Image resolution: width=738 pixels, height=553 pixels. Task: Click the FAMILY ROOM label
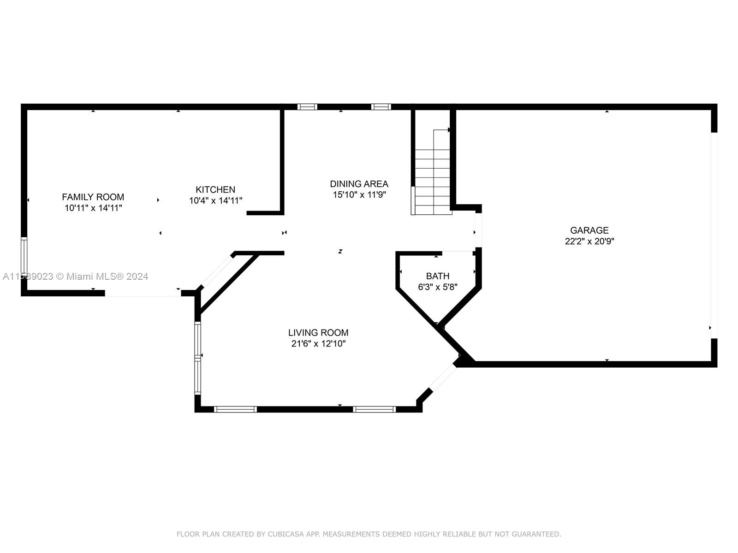[x=93, y=197]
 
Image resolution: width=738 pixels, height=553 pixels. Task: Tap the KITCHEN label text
[x=215, y=189]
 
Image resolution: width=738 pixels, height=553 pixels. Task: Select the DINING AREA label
[x=359, y=184]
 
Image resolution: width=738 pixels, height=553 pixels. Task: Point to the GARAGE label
[x=589, y=230]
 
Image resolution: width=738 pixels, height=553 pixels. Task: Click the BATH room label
[x=438, y=276]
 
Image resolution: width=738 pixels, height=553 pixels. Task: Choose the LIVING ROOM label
[x=318, y=333]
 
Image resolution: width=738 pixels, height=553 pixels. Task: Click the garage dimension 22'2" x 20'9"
[x=589, y=241]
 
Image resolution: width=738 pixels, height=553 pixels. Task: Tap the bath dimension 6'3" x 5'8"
[x=438, y=287]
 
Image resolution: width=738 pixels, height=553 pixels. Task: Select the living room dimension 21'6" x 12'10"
[x=318, y=344]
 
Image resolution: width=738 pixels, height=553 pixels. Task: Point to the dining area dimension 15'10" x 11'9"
[x=359, y=195]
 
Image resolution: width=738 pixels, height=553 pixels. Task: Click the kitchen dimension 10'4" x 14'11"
[x=215, y=201]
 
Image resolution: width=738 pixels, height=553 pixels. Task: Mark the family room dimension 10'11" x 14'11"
[x=93, y=208]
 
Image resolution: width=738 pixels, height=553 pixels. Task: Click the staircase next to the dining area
[x=433, y=172]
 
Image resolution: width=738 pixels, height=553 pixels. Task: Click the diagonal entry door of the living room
[x=444, y=378]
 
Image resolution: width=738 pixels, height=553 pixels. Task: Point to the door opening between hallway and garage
[x=478, y=230]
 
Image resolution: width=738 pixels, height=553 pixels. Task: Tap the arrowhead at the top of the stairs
[x=449, y=130]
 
